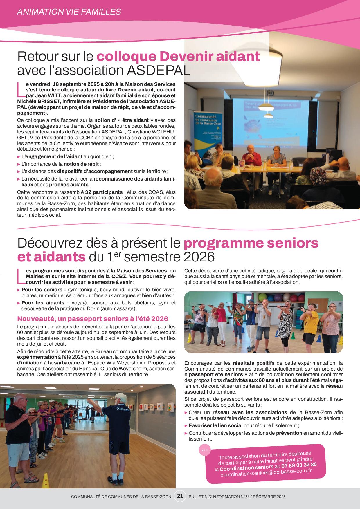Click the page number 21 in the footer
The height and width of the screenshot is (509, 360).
[x=180, y=496]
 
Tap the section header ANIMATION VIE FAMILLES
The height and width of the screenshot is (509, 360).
[x=69, y=12]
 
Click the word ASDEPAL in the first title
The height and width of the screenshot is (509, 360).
[x=159, y=71]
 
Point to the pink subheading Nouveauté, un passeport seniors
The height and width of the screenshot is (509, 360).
[x=93, y=319]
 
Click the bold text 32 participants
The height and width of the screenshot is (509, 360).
[x=104, y=192]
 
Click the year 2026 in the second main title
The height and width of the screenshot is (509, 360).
[x=199, y=257]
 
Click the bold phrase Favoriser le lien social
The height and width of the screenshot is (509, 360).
[x=215, y=425]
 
